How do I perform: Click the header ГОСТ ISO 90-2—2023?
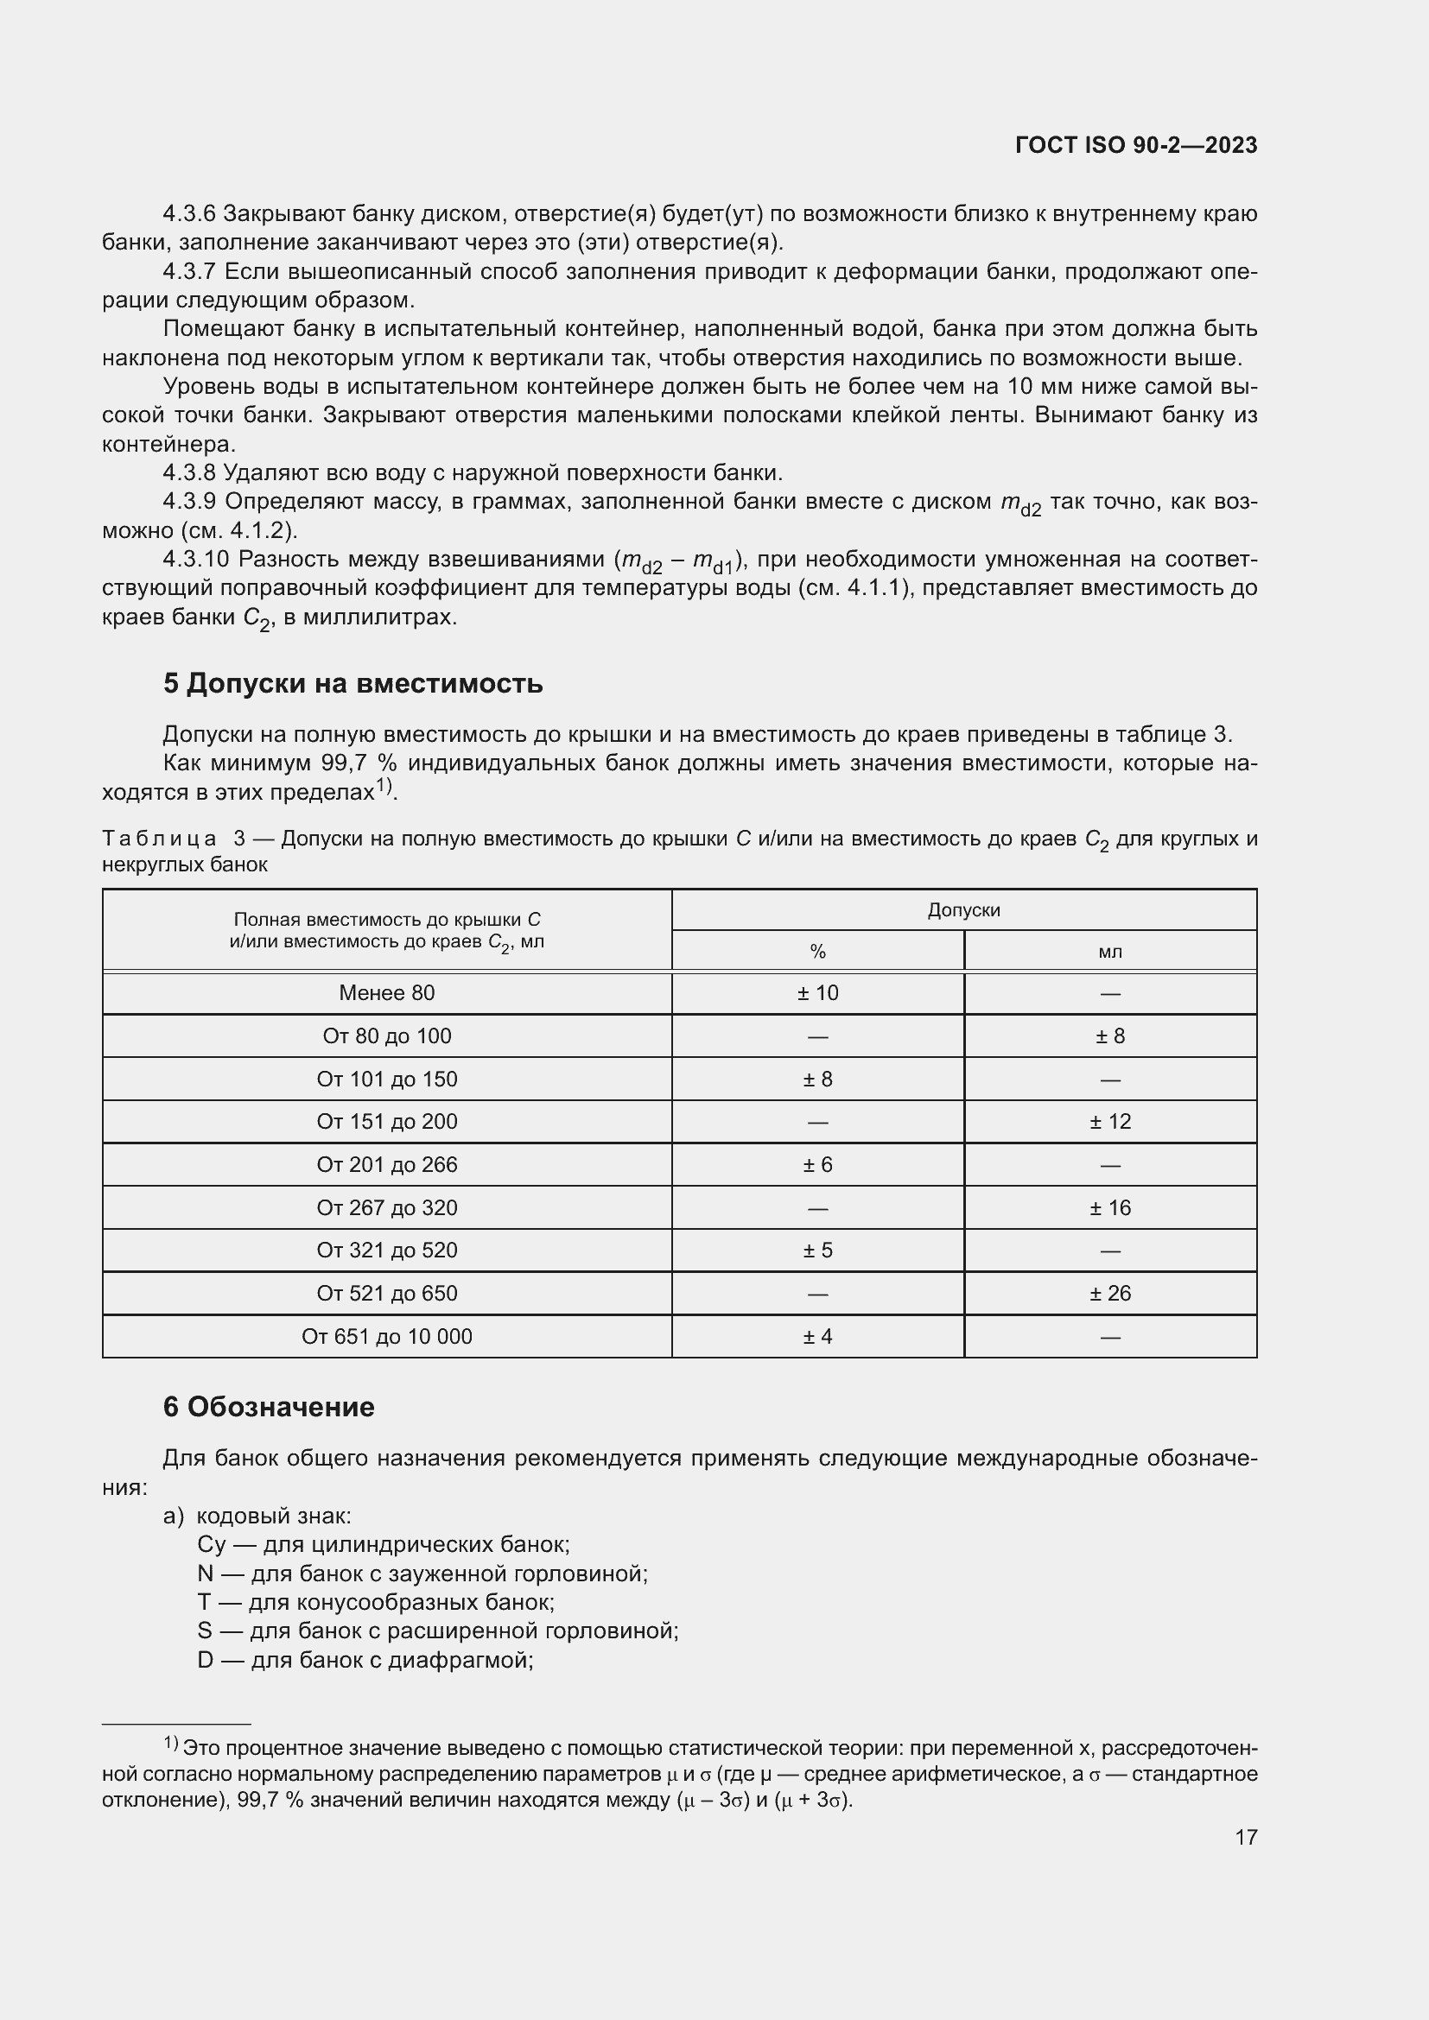pos(1135,145)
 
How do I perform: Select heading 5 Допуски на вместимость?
pos(352,684)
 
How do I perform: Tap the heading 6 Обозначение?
pos(269,1407)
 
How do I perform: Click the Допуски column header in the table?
pos(963,909)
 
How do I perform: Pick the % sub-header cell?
pos(817,951)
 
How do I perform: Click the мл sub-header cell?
pos(1109,951)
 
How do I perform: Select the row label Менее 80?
pos(386,992)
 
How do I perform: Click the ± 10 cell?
pos(817,992)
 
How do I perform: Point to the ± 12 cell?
pos(1109,1121)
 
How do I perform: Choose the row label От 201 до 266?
pos(386,1164)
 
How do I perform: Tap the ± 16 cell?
pos(1109,1207)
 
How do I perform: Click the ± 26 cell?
pos(1109,1293)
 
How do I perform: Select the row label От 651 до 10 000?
pos(386,1336)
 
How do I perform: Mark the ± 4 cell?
pos(817,1336)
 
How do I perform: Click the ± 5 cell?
pos(817,1250)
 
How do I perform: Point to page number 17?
pos(1245,1837)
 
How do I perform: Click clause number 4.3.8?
pos(189,473)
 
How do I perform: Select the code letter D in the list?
pos(205,1660)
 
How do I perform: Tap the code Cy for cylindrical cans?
pos(211,1545)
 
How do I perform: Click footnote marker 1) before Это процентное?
pos(172,1744)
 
